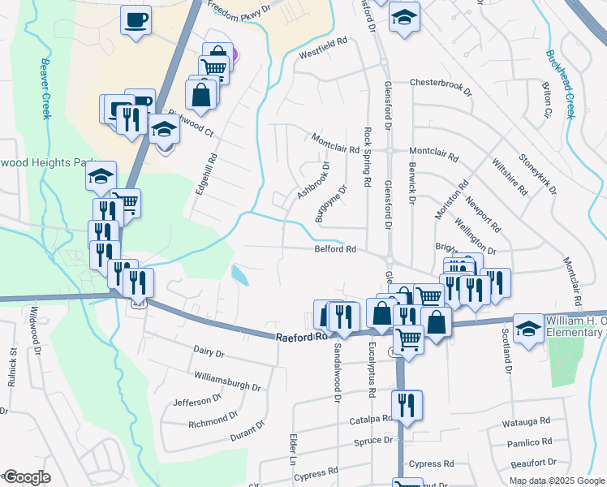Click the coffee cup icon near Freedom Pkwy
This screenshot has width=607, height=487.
(x=136, y=18)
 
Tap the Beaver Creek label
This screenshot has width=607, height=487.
(x=45, y=88)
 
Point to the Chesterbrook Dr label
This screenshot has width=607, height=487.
(x=441, y=83)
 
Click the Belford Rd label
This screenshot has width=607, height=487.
(x=336, y=249)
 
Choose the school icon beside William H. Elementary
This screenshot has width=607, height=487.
(x=527, y=328)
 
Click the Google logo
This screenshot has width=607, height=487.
(x=26, y=477)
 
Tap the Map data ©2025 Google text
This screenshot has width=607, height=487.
(x=556, y=481)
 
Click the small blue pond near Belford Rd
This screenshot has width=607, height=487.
(x=240, y=276)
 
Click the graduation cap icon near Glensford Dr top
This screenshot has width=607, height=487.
(x=403, y=18)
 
